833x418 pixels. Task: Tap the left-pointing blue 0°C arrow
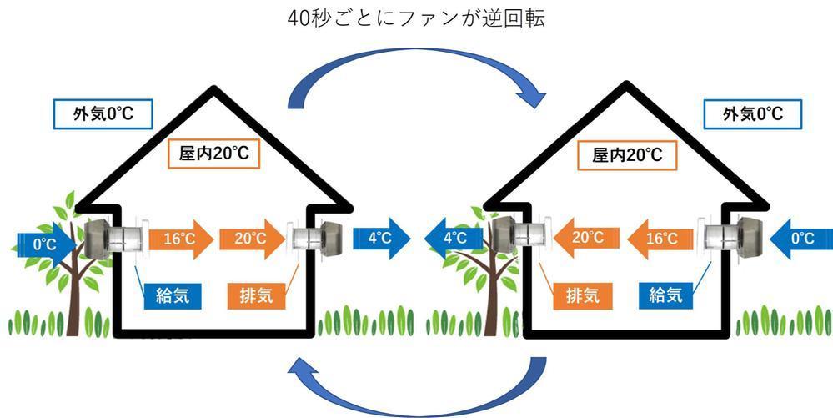[798, 239]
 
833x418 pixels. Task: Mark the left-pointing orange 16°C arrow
[658, 239]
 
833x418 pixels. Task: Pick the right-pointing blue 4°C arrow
[381, 239]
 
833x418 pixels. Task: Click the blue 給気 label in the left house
[173, 294]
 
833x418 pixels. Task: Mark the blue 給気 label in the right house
[665, 294]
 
